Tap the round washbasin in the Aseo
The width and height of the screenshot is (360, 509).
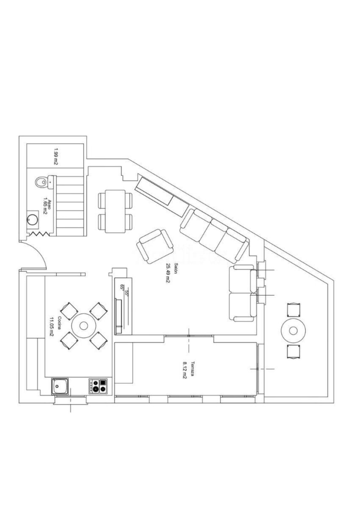[31, 220]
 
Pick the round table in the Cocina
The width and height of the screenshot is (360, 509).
[84, 326]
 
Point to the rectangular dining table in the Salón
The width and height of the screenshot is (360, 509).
[115, 211]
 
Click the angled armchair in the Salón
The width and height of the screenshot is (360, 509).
[155, 247]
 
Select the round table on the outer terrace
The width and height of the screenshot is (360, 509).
[293, 331]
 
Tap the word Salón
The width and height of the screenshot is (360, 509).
[176, 268]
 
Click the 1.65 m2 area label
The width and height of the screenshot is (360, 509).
[45, 211]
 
